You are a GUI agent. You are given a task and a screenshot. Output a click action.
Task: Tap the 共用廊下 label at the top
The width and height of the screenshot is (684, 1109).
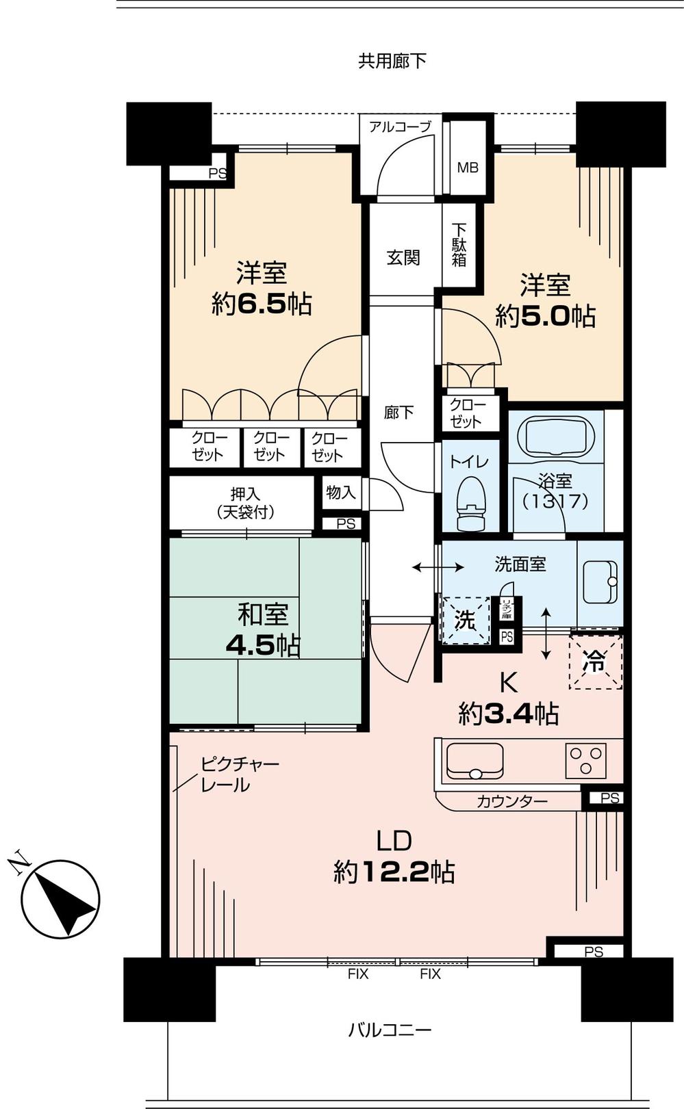(x=392, y=62)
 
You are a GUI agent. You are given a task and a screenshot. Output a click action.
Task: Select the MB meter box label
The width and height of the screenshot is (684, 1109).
(x=468, y=168)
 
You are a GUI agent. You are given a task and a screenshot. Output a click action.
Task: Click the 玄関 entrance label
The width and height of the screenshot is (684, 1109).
(x=403, y=258)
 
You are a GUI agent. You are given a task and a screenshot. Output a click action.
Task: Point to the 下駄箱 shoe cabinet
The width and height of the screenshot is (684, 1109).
(x=459, y=245)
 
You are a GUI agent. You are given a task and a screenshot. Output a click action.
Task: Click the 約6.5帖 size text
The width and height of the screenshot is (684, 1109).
(x=262, y=304)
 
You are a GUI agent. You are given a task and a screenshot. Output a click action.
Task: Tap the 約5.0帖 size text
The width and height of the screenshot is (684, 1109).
(x=545, y=316)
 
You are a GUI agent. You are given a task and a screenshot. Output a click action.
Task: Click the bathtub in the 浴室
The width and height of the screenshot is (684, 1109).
(x=555, y=435)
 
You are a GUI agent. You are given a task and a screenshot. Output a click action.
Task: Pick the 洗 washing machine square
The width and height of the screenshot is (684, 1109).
(x=466, y=621)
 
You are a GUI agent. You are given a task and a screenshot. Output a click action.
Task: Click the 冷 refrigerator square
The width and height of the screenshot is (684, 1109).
(x=595, y=662)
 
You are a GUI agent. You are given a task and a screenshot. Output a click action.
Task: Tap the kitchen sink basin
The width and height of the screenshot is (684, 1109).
(x=474, y=761)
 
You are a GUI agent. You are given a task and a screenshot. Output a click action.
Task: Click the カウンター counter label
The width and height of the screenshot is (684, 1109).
(x=511, y=801)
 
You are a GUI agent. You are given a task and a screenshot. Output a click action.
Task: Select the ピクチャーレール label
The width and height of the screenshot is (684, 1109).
(x=239, y=774)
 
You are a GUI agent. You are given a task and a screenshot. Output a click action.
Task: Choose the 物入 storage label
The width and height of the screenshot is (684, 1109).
(x=340, y=493)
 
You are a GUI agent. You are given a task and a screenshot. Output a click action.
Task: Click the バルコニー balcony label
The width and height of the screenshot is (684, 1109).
(x=390, y=1030)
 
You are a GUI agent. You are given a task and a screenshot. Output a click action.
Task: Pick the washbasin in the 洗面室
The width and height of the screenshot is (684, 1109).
(x=600, y=582)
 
